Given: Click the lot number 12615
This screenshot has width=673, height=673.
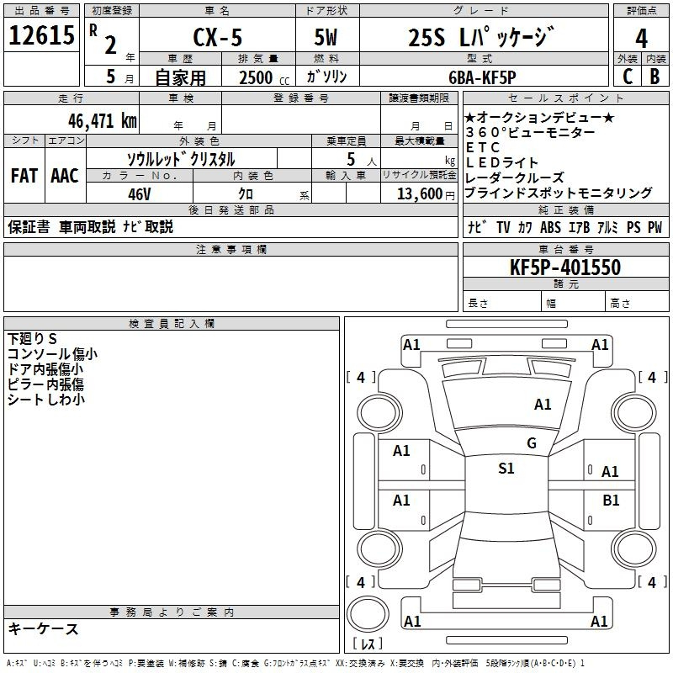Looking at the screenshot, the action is coord(41,35).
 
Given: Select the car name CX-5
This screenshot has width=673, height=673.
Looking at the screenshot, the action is coord(218,37).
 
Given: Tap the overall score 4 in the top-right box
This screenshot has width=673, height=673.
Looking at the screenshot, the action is coord(641,39).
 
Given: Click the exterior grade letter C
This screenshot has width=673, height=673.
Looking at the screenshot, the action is coord(628,77).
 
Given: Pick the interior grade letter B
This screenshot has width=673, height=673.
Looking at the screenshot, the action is coord(654,77).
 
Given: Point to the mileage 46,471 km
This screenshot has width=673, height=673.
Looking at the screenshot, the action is coord(103,121).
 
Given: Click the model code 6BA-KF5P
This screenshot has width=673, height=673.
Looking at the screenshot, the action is coord(482,77).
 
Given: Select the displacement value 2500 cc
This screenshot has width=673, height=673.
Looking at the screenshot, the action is coord(264,77).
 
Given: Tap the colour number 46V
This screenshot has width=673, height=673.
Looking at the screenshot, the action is coord(140,194).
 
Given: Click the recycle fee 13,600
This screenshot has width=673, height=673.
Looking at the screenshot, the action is coord(420,193).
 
